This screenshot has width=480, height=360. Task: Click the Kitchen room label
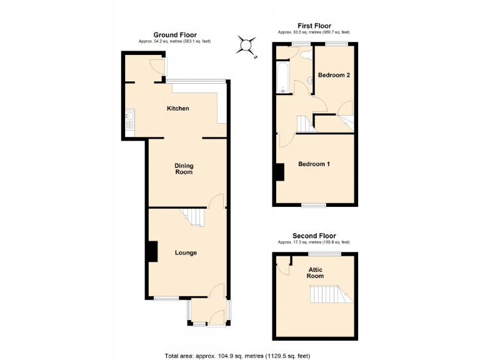coord(177,109)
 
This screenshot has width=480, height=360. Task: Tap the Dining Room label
coord(184,169)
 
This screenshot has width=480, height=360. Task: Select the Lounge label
coord(186,253)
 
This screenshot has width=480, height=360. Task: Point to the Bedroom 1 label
coord(314,164)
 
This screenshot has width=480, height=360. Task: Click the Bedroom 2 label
coord(333,75)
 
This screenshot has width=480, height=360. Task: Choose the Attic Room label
coord(315,272)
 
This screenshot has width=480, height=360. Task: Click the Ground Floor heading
coord(175,35)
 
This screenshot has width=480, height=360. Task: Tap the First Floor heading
coord(314,26)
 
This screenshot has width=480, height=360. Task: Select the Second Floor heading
coord(314,236)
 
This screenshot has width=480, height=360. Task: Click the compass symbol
coord(247,44)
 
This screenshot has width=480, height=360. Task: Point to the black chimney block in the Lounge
coord(152,251)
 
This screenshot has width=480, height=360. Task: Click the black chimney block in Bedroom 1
coord(280,171)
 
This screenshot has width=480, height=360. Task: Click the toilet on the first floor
coord(306,56)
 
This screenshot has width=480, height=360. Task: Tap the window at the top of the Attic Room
coord(323,253)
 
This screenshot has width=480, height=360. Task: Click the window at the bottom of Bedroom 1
coord(314,205)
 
